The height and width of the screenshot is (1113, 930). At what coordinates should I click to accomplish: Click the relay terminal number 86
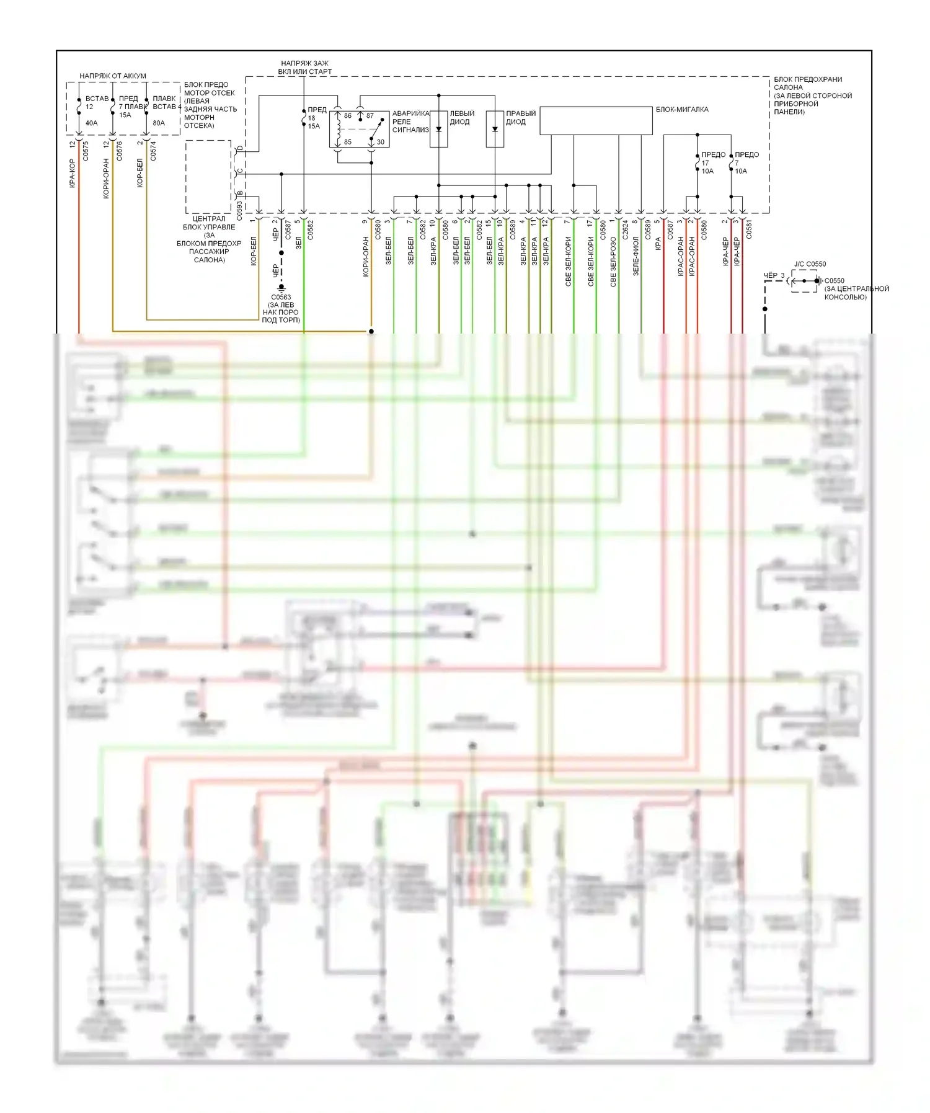pos(348,116)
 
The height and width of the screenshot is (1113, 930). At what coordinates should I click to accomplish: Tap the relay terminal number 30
pos(380,142)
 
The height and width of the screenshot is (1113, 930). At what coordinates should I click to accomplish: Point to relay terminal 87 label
pos(370,116)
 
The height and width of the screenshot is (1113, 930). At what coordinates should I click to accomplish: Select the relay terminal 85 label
pos(348,142)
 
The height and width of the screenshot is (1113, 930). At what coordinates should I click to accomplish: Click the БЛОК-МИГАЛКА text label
pos(682,110)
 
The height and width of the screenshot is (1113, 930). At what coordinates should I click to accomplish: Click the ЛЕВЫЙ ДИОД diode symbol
pos(439,130)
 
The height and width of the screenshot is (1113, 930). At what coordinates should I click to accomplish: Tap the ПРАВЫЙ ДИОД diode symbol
pos(495,130)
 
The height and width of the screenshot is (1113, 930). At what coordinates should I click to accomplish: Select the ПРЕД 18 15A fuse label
pos(316,118)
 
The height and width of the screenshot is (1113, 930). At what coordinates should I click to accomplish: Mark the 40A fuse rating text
pos(91,123)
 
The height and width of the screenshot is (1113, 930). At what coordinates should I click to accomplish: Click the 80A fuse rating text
pos(159,123)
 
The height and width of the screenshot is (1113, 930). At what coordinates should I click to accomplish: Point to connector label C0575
pos(86,151)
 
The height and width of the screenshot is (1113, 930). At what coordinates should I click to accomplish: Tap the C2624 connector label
pos(625,230)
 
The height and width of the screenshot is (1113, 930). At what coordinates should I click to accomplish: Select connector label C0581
pos(749,229)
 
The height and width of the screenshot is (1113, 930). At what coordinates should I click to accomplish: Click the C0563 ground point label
pos(281,297)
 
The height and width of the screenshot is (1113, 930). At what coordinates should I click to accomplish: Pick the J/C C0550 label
pos(810,264)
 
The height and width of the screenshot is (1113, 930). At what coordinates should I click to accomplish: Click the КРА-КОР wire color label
pos(73,174)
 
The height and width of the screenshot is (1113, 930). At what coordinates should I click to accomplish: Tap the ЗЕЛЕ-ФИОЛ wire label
pos(635,255)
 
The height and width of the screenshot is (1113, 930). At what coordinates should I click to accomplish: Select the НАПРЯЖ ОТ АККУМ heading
pos(113,76)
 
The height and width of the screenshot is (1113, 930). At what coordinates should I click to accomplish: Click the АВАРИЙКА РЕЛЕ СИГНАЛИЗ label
pos(410,122)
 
